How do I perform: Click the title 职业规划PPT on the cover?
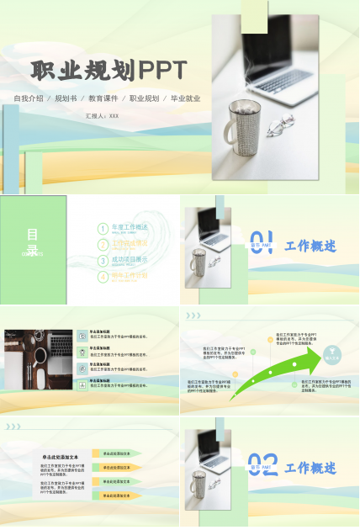tap(109, 70)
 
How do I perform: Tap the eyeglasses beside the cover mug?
tap(278, 127)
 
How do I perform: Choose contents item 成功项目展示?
tap(130, 260)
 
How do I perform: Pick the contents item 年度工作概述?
tap(130, 228)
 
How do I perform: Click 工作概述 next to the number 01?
tap(310, 246)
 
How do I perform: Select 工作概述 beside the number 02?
tap(310, 468)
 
